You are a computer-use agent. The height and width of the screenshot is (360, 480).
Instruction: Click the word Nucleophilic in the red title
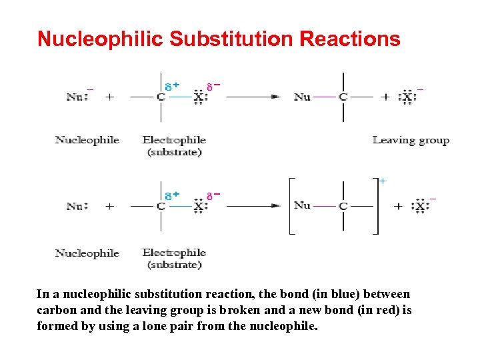click(100, 39)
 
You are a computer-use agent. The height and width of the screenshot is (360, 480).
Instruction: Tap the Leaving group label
click(411, 140)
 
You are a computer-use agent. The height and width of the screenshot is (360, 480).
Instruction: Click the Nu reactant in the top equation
click(75, 97)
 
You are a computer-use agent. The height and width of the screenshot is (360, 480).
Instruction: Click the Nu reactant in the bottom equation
click(75, 206)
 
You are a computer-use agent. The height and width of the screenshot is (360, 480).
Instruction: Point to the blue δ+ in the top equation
click(172, 86)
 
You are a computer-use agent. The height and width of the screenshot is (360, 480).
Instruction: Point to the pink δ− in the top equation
click(213, 86)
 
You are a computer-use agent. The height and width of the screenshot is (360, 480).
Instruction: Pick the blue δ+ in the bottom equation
click(172, 195)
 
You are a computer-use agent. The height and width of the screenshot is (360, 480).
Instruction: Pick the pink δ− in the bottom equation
click(213, 195)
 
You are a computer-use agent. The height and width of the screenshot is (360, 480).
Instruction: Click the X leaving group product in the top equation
click(407, 97)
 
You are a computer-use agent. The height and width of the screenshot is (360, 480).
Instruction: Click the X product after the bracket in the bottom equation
click(421, 207)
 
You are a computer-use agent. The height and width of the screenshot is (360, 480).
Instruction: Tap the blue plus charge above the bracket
click(382, 180)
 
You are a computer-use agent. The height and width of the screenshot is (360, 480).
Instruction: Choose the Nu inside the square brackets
click(302, 205)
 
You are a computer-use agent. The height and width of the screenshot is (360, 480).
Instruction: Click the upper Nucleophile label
click(87, 140)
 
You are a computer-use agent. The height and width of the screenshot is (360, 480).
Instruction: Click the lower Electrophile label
click(174, 253)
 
